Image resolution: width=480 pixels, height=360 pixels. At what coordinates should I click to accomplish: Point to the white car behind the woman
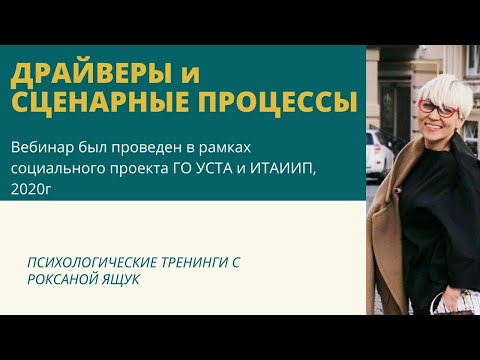click(378, 150)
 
